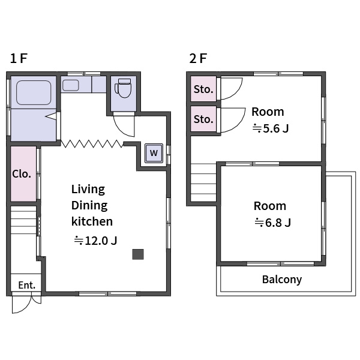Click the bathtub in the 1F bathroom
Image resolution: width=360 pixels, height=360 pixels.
point(34,92)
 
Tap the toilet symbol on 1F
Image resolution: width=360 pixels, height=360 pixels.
point(123,88)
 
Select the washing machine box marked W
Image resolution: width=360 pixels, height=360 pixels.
point(154,153)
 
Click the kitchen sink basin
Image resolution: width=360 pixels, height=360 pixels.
point(70,85)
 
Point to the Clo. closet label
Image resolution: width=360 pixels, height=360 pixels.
point(22,174)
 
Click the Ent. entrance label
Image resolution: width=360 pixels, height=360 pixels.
point(27,285)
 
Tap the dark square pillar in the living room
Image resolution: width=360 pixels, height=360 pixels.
point(138,254)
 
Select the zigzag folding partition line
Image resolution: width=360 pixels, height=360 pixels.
point(92,144)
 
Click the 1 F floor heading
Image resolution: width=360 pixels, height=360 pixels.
point(19,58)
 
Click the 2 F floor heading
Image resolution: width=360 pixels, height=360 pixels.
point(198,58)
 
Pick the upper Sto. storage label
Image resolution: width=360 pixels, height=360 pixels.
point(203,89)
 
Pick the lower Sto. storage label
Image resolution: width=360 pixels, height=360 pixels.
point(203,119)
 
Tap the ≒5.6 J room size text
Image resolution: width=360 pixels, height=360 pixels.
point(271,128)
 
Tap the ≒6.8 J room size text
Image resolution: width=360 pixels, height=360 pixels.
point(273,223)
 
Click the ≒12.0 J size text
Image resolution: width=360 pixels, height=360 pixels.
point(95,241)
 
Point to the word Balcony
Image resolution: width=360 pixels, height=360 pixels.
point(282,280)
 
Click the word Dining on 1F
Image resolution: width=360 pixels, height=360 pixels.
point(89,206)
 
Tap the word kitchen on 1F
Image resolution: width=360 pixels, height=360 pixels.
point(92,221)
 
